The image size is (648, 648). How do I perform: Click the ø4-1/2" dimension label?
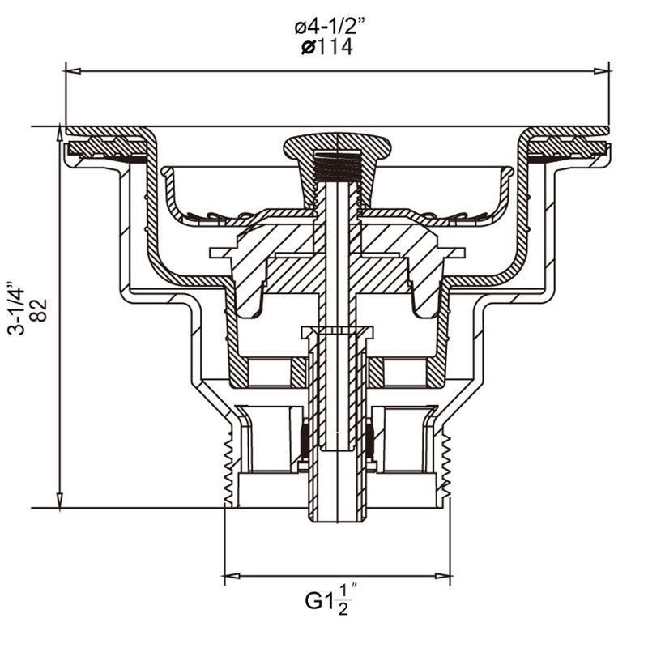tap(330, 28)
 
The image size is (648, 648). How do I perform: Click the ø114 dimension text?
tap(327, 47)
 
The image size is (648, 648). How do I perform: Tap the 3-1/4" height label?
tap(16, 309)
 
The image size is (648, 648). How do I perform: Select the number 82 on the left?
tap(39, 310)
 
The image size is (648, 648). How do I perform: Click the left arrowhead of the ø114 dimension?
tap(73, 71)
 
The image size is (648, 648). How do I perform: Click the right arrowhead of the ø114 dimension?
tap(602, 71)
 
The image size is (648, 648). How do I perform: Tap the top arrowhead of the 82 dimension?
tap(60, 134)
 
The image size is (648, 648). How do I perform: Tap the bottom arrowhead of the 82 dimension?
tap(60, 500)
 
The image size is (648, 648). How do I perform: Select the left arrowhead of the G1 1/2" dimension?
tap(232, 576)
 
